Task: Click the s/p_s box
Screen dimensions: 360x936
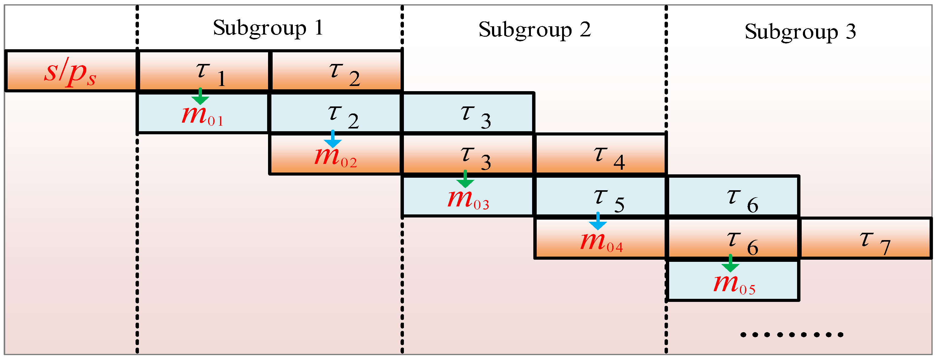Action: point(71,71)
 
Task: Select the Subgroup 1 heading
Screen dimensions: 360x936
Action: point(268,28)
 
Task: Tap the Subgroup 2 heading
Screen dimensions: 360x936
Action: point(534,30)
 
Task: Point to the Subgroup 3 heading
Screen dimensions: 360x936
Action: point(800,32)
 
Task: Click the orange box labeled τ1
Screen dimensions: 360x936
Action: point(203,71)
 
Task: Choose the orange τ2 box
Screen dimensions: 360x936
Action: point(336,71)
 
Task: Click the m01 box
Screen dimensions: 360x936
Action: point(203,116)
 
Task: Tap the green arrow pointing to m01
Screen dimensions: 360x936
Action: point(200,96)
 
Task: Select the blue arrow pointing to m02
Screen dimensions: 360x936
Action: point(333,139)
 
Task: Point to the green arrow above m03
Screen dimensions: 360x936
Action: point(465,179)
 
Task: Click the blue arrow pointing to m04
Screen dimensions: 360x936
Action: point(598,221)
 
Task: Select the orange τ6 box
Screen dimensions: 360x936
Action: point(733,239)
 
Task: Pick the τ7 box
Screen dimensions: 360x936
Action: point(866,239)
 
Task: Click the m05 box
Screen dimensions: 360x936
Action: point(733,283)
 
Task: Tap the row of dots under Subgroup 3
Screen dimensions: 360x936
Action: point(792,335)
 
